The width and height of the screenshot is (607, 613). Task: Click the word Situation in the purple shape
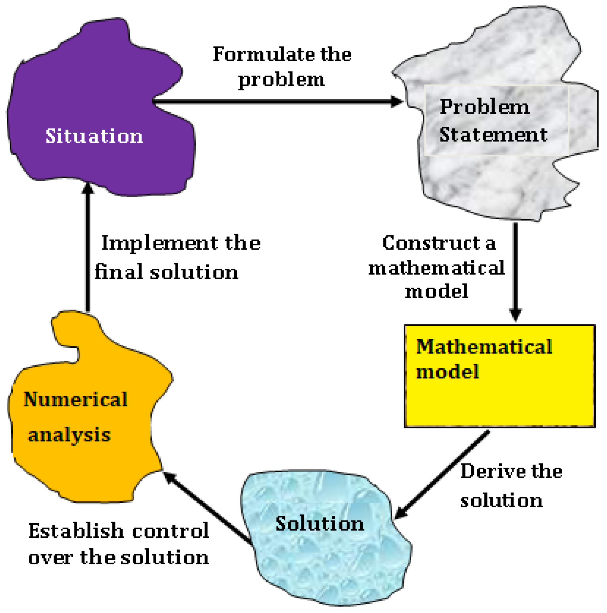(94, 136)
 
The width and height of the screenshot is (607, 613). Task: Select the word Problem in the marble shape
(485, 107)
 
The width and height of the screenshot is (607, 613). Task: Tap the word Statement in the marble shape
(493, 134)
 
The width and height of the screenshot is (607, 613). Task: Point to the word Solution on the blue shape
(320, 524)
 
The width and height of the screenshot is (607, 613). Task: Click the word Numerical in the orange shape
(76, 400)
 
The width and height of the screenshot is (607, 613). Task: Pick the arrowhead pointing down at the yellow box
(515, 314)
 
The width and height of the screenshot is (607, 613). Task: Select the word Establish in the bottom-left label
(76, 531)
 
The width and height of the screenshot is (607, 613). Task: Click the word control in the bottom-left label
(171, 531)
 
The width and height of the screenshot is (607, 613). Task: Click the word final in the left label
(119, 272)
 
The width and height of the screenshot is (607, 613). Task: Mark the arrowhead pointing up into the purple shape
(88, 188)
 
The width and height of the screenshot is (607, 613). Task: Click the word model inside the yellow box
(447, 372)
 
